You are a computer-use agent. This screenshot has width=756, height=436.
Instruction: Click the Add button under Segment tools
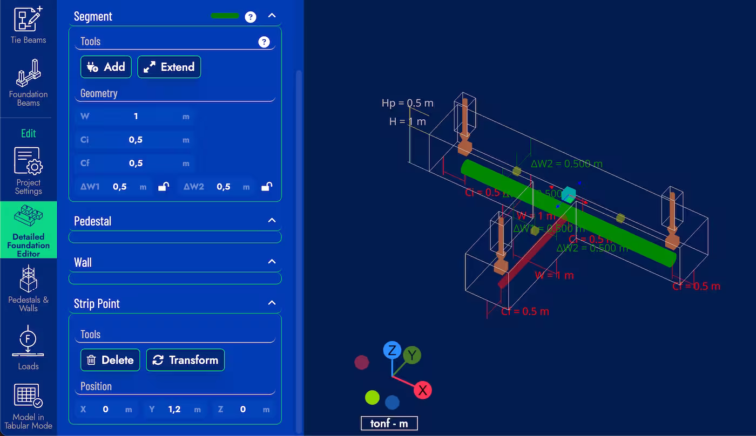106,67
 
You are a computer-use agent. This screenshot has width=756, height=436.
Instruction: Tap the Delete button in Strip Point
110,360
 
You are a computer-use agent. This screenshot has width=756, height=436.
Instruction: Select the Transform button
185,360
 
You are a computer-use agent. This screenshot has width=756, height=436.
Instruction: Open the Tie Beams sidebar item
28,25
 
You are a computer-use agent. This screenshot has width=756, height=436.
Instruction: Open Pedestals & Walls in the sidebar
28,289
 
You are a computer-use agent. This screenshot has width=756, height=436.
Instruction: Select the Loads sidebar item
28,348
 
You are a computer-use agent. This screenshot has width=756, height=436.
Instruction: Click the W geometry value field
136,116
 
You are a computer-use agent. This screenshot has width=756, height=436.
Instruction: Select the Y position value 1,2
174,409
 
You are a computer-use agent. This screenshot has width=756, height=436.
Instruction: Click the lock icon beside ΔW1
163,187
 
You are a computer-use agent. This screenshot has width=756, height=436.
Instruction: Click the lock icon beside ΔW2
266,187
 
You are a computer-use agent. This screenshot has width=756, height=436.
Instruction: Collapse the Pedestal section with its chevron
272,220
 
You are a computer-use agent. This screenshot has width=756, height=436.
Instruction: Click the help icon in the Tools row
264,42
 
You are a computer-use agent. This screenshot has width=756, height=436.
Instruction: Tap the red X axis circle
422,390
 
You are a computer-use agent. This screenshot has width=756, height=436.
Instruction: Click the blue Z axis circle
392,350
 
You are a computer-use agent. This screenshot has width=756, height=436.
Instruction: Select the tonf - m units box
389,424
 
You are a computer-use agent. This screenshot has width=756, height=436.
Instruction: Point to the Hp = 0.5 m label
407,103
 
